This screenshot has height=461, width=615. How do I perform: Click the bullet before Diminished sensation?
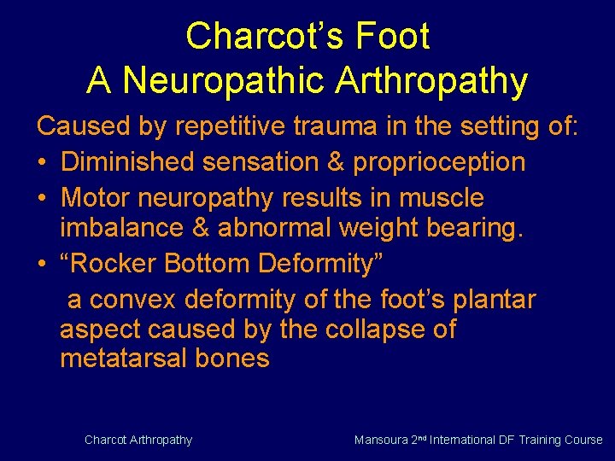click(x=42, y=162)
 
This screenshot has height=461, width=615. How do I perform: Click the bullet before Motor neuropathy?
click(x=42, y=198)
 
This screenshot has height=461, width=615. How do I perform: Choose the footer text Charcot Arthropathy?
click(x=138, y=440)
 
